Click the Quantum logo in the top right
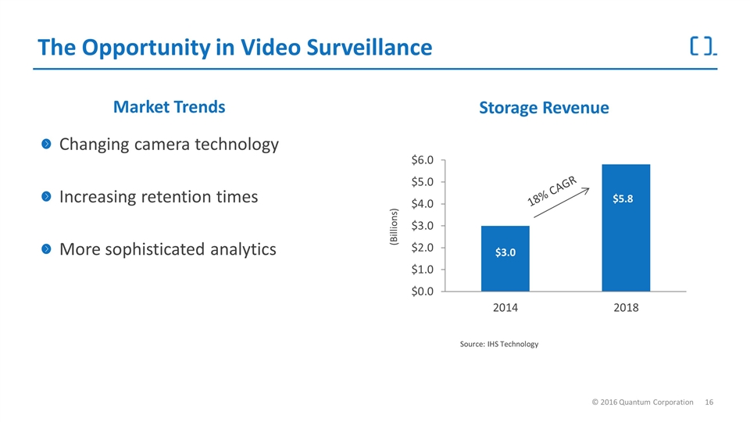[x=703, y=46]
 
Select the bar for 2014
[x=505, y=259]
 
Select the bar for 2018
[x=626, y=227]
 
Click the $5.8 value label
[x=626, y=198]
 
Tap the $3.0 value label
[x=505, y=252]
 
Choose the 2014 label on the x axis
[x=505, y=308]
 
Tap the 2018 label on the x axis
[x=626, y=308]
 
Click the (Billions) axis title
[x=394, y=228]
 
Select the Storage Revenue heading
[x=544, y=108]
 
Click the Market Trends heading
[x=170, y=107]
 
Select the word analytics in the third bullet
[x=238, y=249]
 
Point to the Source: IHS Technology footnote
[x=499, y=345]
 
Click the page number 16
[x=709, y=402]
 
